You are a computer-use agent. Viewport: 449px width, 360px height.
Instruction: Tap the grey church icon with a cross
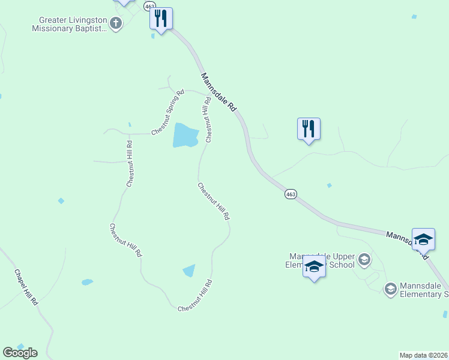116,23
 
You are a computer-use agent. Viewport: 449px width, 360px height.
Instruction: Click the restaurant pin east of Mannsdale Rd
309,128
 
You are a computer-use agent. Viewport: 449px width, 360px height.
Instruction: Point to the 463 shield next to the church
150,5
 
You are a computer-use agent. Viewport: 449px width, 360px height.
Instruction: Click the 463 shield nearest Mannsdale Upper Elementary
291,194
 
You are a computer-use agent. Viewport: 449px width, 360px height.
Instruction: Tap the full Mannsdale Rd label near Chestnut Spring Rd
218,92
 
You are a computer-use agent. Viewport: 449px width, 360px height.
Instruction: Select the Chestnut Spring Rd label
167,112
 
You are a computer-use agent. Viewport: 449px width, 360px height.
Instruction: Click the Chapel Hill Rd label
26,287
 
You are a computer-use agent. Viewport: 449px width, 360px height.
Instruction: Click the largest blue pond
185,136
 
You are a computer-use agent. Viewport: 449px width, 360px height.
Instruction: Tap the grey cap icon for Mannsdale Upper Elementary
364,260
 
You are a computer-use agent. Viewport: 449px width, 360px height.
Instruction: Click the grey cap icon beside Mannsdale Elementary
390,289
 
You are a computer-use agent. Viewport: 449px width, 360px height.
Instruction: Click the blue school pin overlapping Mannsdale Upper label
314,266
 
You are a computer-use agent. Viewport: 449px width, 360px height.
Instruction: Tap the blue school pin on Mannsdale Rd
423,239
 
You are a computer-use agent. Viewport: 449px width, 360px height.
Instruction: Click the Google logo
20,353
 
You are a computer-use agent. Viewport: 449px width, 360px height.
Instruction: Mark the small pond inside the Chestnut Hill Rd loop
189,271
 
